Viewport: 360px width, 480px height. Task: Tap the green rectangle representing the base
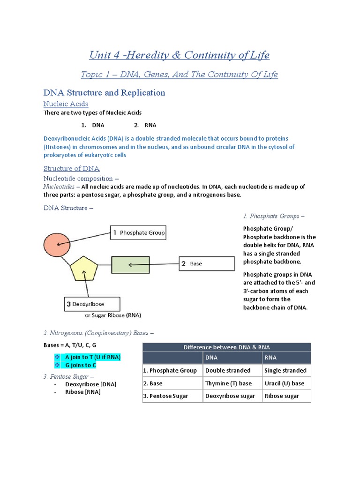127,264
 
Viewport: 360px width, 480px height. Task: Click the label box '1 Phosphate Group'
138,232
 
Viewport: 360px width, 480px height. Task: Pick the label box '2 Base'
206,263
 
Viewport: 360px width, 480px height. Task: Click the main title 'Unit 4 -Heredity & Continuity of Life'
180,55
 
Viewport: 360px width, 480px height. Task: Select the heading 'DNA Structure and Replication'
104,92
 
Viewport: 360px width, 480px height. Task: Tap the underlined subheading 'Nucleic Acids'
66,104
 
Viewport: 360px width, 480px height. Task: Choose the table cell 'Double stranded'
228,370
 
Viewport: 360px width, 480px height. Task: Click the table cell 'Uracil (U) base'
285,383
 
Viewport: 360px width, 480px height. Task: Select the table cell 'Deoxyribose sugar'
230,396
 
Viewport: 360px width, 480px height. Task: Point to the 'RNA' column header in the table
271,358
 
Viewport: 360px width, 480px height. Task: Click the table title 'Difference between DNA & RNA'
226,347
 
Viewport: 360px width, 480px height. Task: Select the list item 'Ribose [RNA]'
83,392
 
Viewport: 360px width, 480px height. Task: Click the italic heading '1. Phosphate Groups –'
274,216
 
